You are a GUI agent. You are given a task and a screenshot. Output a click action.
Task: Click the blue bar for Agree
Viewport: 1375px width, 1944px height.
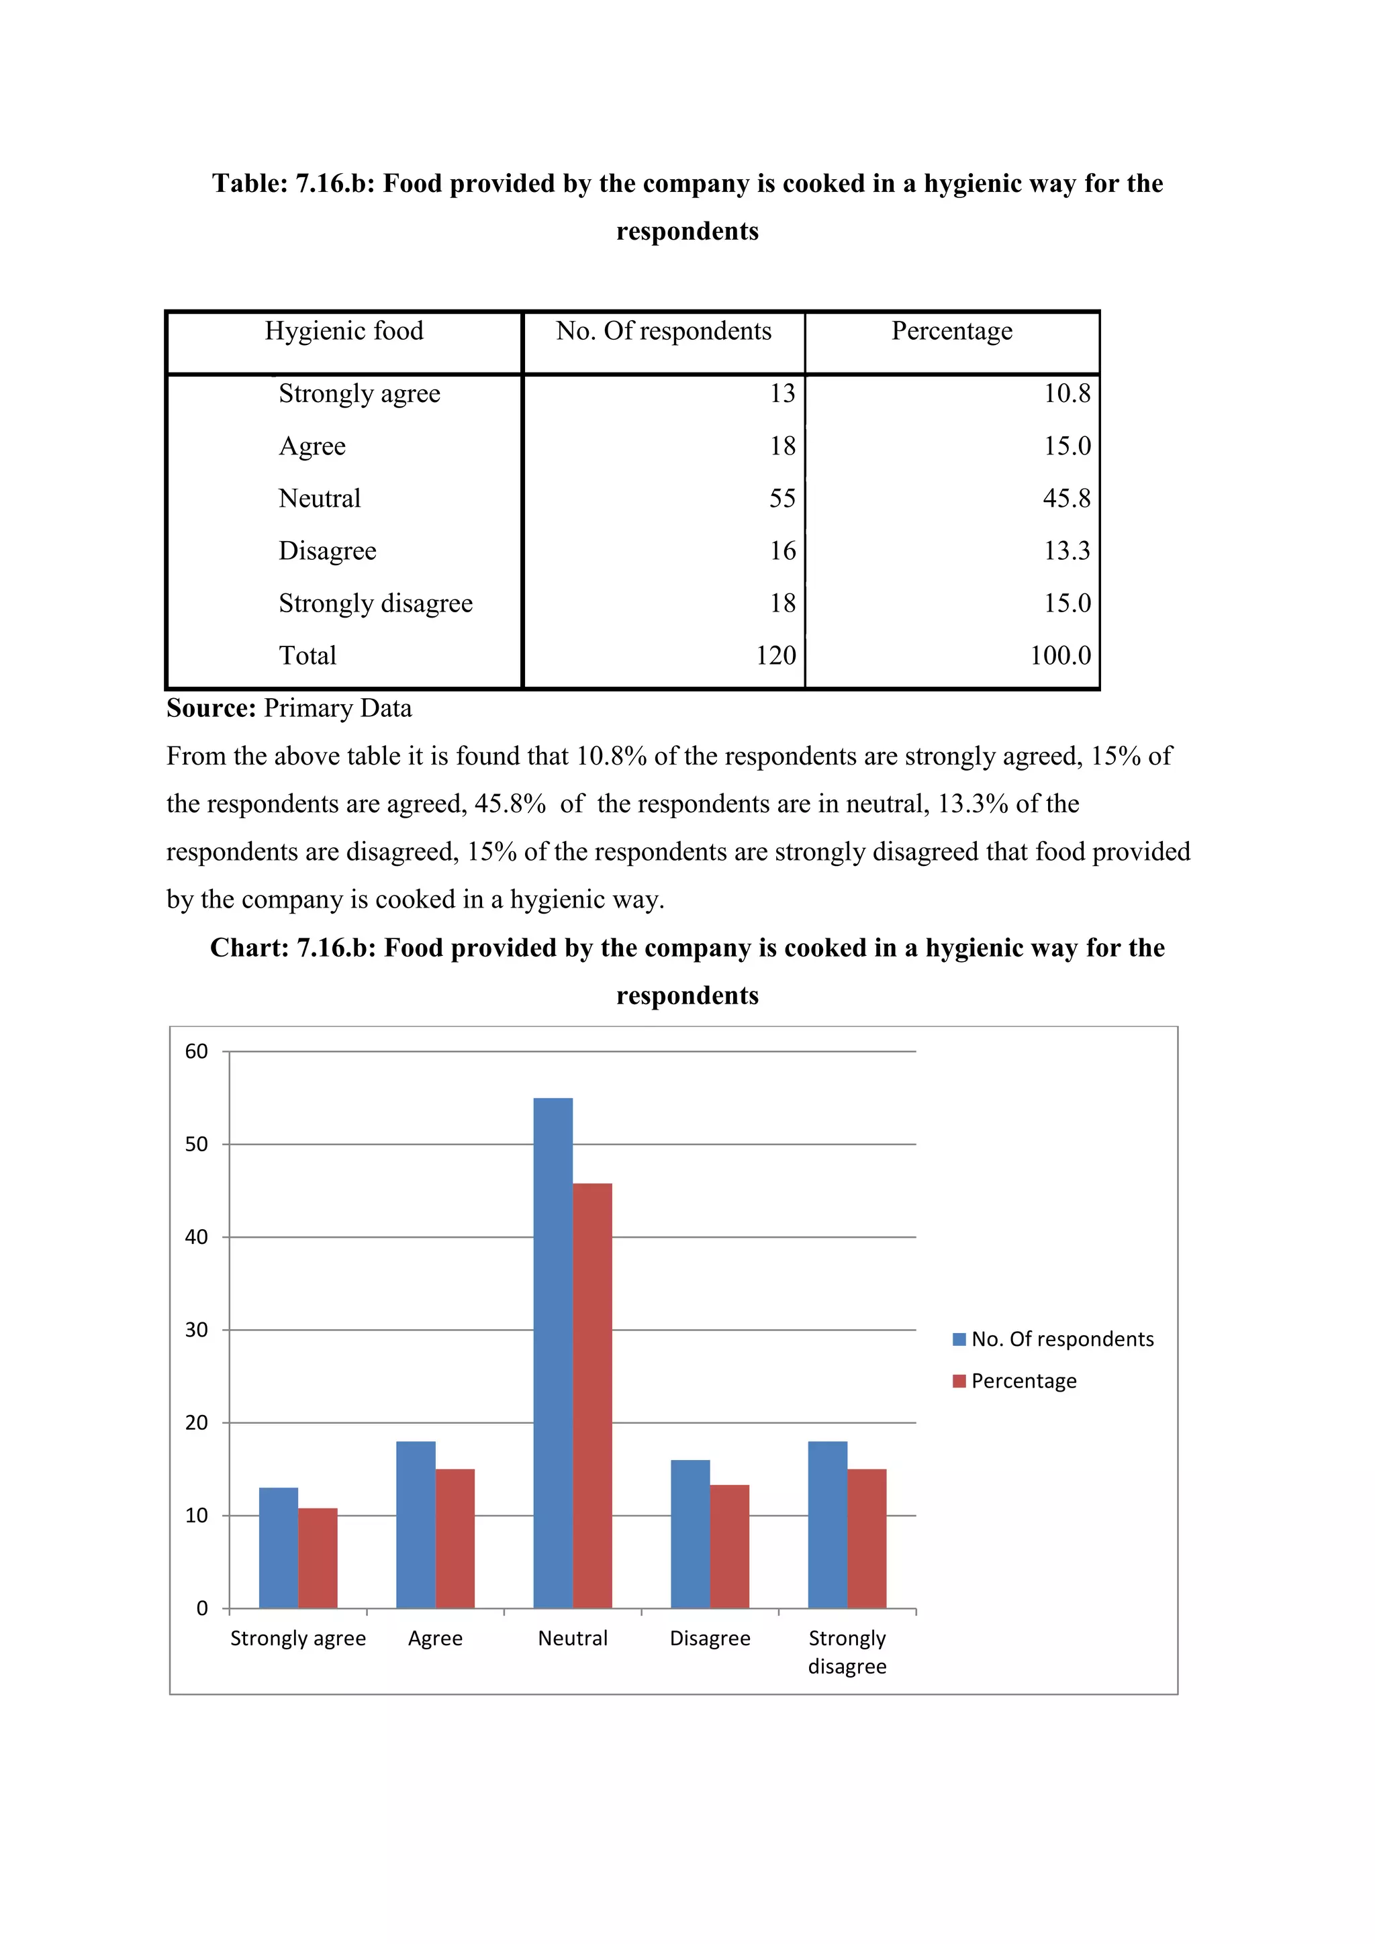point(416,1524)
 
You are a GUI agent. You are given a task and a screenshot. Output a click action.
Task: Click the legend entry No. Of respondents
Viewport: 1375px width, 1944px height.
point(1061,1339)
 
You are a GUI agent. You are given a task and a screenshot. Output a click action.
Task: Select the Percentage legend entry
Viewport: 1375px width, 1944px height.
point(1023,1381)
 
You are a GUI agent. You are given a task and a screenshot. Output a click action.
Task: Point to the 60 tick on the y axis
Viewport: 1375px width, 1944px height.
point(197,1052)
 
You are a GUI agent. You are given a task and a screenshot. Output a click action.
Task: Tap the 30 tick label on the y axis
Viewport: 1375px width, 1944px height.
point(197,1330)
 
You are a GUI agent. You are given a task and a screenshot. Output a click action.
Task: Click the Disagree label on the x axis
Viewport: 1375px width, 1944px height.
point(710,1639)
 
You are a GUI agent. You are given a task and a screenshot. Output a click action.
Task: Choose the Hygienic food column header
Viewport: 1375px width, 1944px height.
point(344,331)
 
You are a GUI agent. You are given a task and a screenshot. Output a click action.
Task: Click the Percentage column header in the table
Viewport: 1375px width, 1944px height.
point(951,331)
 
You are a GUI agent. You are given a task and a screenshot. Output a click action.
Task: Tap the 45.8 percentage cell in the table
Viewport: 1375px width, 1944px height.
point(1066,499)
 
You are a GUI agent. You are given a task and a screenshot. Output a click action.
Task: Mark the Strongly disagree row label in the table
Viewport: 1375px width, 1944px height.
point(375,603)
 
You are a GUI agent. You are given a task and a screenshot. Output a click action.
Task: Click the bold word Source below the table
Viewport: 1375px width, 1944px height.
point(211,708)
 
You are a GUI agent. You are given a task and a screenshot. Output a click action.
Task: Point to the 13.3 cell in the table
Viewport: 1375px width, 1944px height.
point(1067,551)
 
